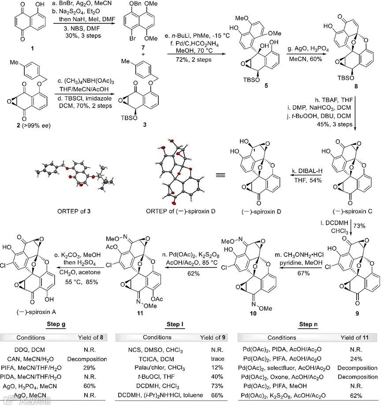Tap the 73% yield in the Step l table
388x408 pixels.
[214, 386]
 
